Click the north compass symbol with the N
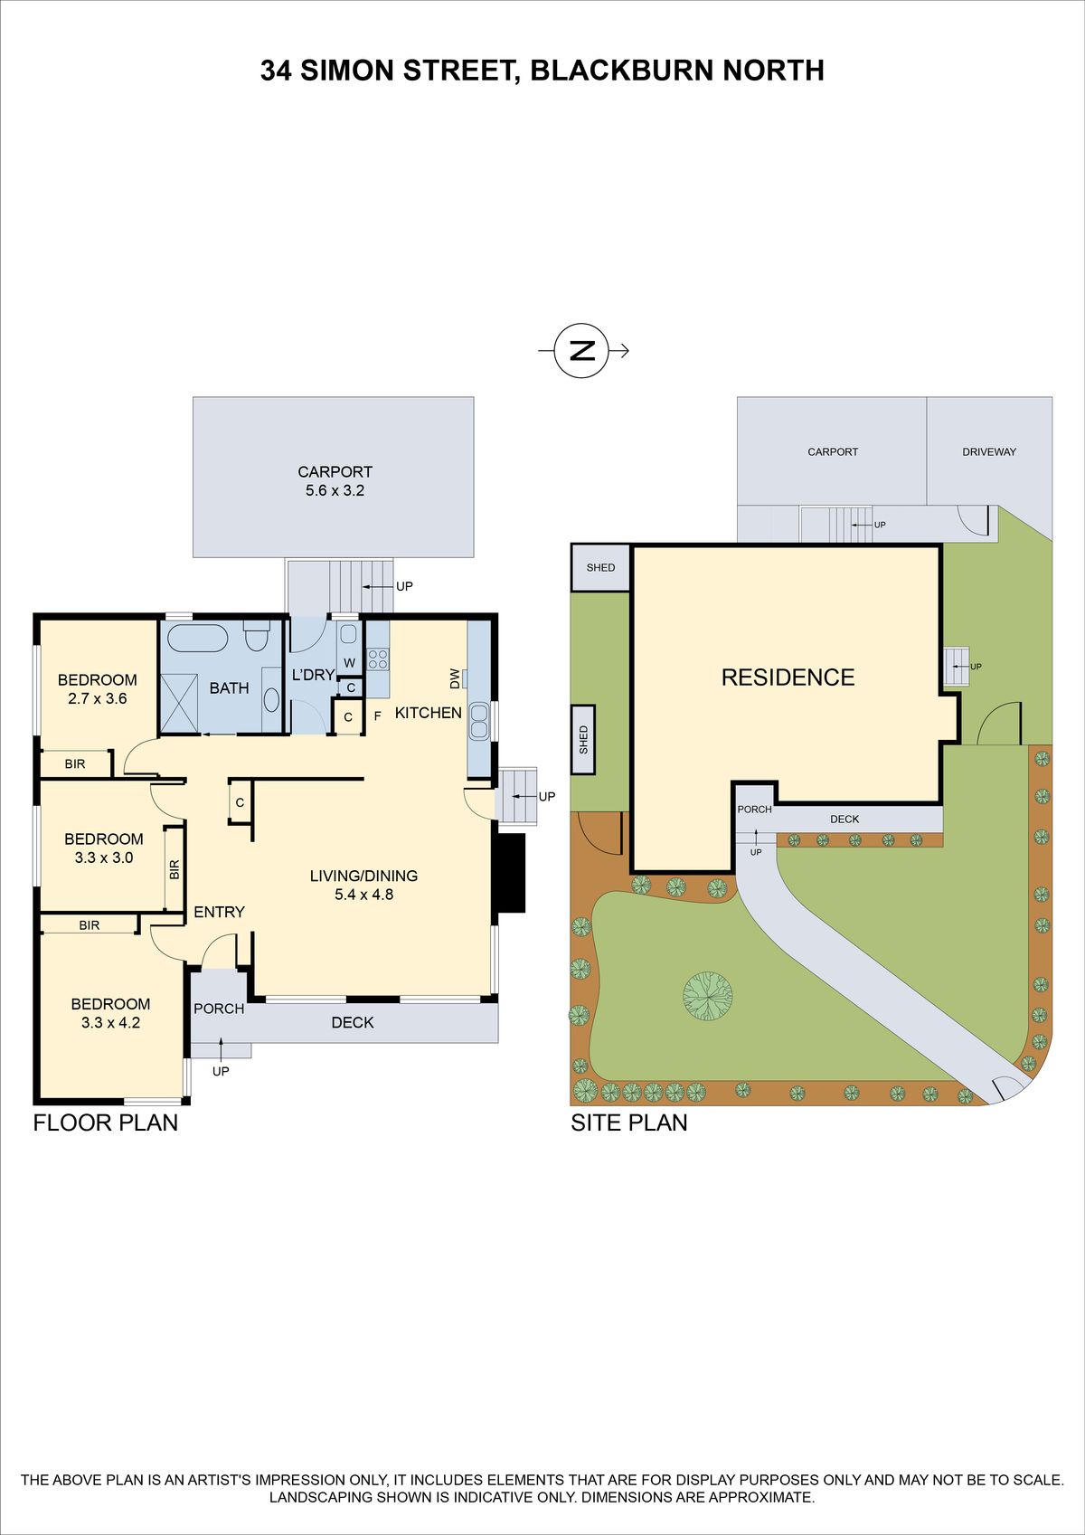point(581,351)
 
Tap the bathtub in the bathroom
point(197,638)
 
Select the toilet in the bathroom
point(257,636)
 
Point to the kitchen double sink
point(479,720)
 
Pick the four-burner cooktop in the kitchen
point(378,659)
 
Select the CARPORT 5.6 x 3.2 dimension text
point(335,481)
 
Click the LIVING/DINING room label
point(363,876)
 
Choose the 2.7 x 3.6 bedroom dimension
point(98,699)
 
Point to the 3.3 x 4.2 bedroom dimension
point(111,1023)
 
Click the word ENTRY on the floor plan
point(219,912)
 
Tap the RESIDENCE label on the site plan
point(788,677)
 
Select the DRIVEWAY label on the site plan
point(989,451)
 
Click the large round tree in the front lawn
point(708,995)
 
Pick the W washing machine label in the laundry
point(349,663)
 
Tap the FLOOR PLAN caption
point(106,1123)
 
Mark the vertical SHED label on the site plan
point(583,739)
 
